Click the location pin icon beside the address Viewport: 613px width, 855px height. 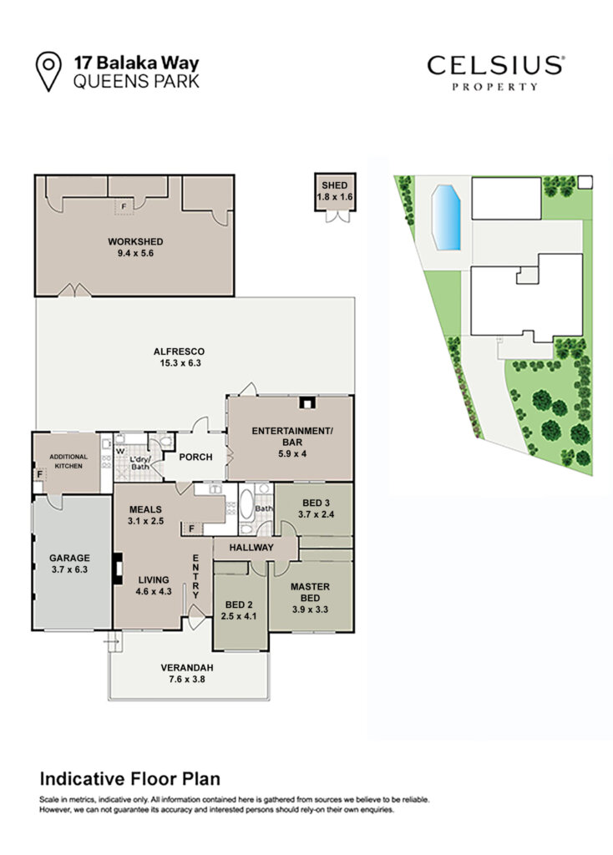coord(48,71)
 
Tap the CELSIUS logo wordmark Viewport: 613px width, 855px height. coord(495,66)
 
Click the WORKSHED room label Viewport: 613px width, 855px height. coord(135,241)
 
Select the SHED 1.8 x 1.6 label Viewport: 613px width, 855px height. coord(334,191)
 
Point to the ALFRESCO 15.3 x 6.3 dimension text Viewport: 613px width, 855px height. coord(180,363)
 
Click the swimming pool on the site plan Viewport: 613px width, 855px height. coord(446,218)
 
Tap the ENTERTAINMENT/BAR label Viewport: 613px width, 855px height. coord(291,436)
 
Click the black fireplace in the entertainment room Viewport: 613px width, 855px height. coord(307,403)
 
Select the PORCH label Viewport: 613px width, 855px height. coord(195,457)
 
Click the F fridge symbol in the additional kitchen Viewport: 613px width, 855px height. coord(40,474)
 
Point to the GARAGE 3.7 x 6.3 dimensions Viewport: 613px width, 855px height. coord(69,569)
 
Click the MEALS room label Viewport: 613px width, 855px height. coord(145,509)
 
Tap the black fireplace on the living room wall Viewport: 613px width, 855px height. coord(117,569)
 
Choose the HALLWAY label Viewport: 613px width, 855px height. coord(251,548)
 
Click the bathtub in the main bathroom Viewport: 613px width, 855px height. coord(246,504)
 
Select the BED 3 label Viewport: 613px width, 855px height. coord(316,503)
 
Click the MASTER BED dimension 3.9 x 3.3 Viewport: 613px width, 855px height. coord(310,610)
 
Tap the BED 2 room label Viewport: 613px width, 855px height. coord(239,605)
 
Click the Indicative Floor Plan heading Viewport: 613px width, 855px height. coord(129,779)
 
